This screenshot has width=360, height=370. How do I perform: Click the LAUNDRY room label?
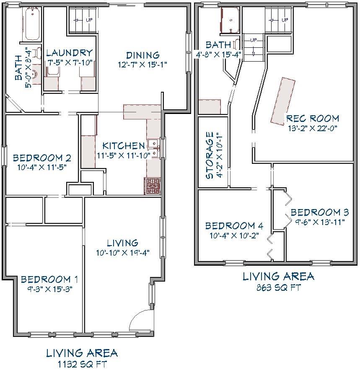pyautogui.click(x=69, y=53)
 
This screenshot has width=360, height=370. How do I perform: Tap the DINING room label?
pyautogui.click(x=143, y=55)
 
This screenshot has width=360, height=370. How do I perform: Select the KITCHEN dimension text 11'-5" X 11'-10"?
pyautogui.click(x=124, y=156)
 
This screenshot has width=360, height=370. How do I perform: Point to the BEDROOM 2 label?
pyautogui.click(x=42, y=158)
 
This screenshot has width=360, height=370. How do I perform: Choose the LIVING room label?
pyautogui.click(x=123, y=243)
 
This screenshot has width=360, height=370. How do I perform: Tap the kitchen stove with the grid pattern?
pyautogui.click(x=152, y=186)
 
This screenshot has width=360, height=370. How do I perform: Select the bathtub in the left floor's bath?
pyautogui.click(x=32, y=24)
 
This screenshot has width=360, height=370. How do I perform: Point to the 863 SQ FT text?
pyautogui.click(x=279, y=287)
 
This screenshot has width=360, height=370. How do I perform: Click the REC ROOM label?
pyautogui.click(x=313, y=119)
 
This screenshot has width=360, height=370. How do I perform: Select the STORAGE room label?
pyautogui.click(x=210, y=155)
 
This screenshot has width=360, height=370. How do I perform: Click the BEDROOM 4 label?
pyautogui.click(x=234, y=226)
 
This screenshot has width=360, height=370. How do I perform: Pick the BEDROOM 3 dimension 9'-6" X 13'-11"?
pyautogui.click(x=319, y=222)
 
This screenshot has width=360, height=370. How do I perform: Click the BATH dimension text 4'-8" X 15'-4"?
pyautogui.click(x=218, y=54)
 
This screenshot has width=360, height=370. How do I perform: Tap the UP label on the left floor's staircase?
pyautogui.click(x=89, y=20)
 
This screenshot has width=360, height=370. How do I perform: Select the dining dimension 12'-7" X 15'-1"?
pyautogui.click(x=142, y=65)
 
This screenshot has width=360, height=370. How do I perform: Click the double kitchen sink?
pyautogui.click(x=153, y=148)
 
